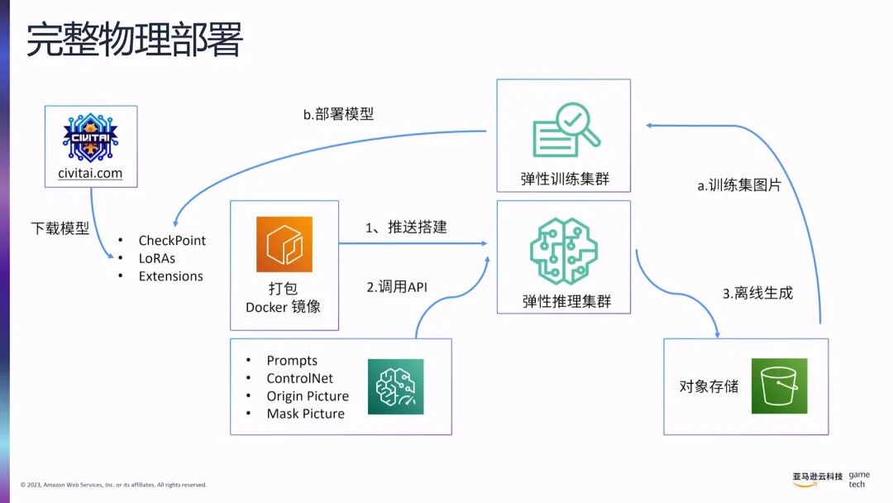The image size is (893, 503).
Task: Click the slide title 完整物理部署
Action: click(x=134, y=41)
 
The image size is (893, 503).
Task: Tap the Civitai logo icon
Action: click(x=90, y=138)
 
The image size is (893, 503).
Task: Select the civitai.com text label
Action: click(x=90, y=174)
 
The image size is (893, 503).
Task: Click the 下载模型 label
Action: click(x=60, y=228)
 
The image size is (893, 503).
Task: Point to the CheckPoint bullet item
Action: click(x=172, y=241)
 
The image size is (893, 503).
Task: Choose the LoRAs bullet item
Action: click(x=157, y=258)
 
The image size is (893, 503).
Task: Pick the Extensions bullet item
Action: click(x=170, y=276)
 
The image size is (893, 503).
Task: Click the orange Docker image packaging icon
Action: click(x=284, y=244)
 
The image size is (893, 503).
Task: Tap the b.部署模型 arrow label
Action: click(x=338, y=114)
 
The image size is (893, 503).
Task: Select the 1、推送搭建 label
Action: click(x=406, y=227)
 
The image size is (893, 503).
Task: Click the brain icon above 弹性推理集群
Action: click(x=565, y=249)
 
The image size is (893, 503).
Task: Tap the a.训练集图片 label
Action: click(x=739, y=185)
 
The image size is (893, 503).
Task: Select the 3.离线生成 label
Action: click(x=757, y=293)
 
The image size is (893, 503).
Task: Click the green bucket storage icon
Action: click(x=779, y=386)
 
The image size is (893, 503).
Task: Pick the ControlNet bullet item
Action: click(x=299, y=378)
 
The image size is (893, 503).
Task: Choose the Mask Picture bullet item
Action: click(x=305, y=414)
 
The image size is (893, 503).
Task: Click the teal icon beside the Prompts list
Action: click(x=395, y=386)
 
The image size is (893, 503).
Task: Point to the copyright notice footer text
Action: click(x=113, y=485)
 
